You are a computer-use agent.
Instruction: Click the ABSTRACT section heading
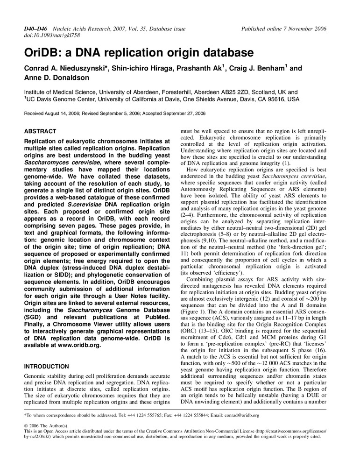coord(40,131)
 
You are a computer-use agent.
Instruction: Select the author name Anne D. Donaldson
coord(57,78)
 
